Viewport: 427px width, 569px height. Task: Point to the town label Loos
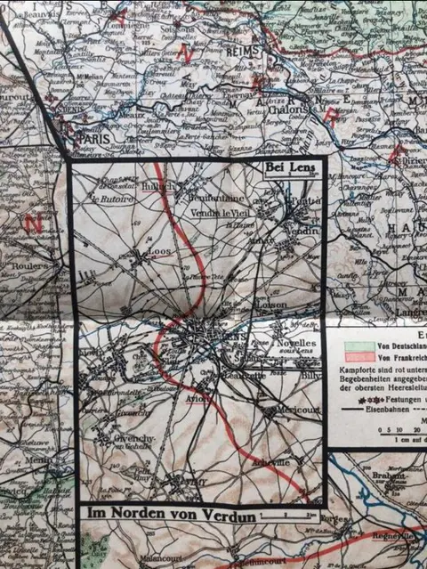pos(158,252)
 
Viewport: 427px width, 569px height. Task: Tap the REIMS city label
pos(243,52)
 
